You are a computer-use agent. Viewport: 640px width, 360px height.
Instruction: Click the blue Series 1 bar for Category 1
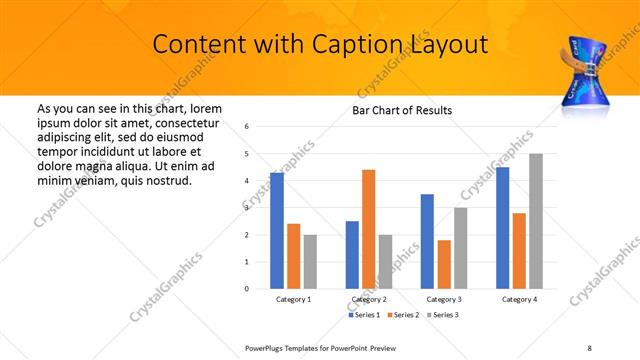click(x=277, y=231)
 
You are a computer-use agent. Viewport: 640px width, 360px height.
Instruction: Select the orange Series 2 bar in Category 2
click(x=368, y=229)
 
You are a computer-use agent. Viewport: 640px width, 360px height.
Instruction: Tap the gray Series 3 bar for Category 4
click(x=536, y=221)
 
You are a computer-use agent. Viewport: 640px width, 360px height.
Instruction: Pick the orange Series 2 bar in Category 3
click(x=444, y=264)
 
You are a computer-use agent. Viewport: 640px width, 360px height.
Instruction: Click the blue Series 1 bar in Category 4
click(x=502, y=228)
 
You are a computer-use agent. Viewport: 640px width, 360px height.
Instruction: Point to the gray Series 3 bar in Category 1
click(x=310, y=262)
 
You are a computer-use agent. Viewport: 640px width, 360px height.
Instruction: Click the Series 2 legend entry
click(x=404, y=315)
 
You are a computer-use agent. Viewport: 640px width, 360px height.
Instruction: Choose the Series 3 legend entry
click(x=442, y=315)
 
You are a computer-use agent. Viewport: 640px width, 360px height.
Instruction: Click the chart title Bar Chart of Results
click(x=403, y=110)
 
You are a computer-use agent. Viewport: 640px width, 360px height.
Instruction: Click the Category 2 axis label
click(x=369, y=300)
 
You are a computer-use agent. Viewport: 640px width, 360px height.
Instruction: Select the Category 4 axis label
click(x=519, y=300)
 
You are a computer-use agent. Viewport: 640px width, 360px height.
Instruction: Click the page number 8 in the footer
click(x=589, y=346)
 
